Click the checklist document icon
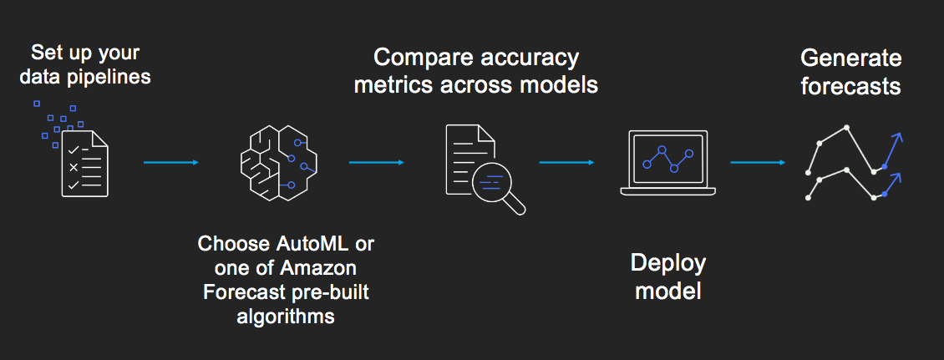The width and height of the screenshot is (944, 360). pyautogui.click(x=85, y=163)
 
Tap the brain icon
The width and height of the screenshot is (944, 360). pyautogui.click(x=279, y=163)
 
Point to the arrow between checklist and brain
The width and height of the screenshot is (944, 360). pyautogui.click(x=171, y=163)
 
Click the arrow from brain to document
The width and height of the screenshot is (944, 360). pyautogui.click(x=376, y=163)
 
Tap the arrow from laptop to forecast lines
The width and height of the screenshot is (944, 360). pyautogui.click(x=758, y=163)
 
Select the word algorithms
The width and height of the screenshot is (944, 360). pyautogui.click(x=286, y=317)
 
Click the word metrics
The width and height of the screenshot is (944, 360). pyautogui.click(x=393, y=85)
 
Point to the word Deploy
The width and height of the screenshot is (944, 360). pyautogui.click(x=667, y=264)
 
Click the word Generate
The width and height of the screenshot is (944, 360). pyautogui.click(x=850, y=59)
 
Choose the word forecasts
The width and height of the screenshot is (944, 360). pyautogui.click(x=850, y=87)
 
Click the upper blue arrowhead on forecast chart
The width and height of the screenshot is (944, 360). pyautogui.click(x=897, y=139)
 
